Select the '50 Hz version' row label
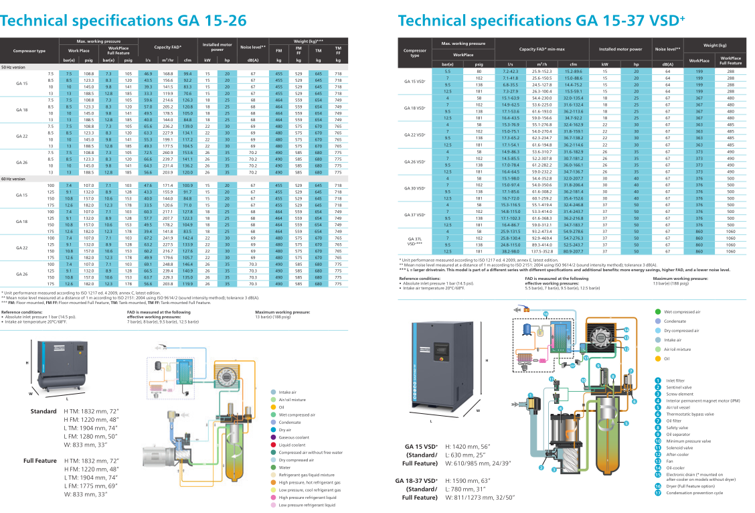point(14,67)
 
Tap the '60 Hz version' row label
point(14,179)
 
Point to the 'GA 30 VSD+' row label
point(415,188)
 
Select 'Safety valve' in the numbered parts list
point(678,427)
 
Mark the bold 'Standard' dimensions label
point(44,411)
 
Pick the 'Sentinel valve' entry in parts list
point(679,386)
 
